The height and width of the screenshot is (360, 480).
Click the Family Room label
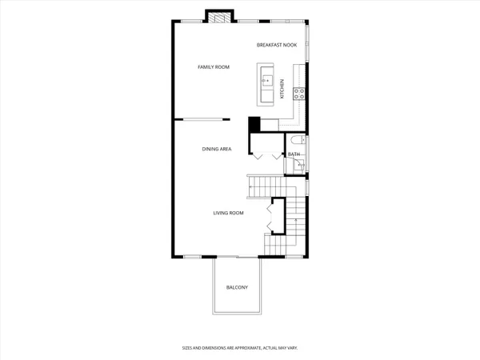214,67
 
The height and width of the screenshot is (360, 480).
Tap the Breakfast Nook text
277,45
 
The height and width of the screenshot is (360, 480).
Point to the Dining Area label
216,149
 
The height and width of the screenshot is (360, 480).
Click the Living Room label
228,213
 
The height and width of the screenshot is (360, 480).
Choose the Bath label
294,154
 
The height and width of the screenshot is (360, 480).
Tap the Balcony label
237,287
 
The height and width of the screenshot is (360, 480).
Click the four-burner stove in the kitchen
299,93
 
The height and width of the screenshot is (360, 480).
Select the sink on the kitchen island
268,81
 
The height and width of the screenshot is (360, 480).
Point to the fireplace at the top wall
218,17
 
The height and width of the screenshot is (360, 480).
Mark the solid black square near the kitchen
254,125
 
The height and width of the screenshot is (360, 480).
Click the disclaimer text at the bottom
239,348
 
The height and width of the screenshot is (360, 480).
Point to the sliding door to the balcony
236,257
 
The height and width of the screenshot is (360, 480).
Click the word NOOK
290,45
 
